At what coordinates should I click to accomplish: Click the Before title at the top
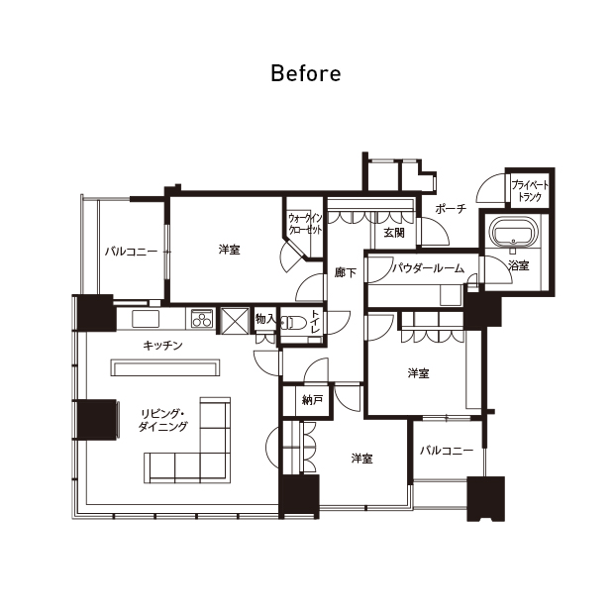(306, 73)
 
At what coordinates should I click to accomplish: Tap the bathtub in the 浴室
(513, 232)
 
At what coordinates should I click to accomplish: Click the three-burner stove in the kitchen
(202, 318)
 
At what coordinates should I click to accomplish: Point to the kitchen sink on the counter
(146, 318)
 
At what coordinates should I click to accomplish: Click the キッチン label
(162, 346)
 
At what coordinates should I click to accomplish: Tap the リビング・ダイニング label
(163, 420)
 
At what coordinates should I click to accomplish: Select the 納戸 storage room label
(313, 400)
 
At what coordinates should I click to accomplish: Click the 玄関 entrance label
(394, 233)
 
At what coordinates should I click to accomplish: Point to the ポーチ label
(451, 208)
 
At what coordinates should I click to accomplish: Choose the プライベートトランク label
(530, 191)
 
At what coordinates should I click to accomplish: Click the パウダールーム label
(429, 268)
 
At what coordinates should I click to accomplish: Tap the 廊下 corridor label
(346, 272)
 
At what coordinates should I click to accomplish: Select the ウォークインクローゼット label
(305, 224)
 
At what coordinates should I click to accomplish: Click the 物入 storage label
(265, 319)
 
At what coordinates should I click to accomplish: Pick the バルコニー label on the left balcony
(131, 251)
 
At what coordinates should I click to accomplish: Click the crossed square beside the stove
(235, 321)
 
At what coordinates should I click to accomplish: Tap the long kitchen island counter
(165, 367)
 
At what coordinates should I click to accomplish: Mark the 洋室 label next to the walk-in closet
(230, 250)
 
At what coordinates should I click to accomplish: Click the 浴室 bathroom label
(519, 265)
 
